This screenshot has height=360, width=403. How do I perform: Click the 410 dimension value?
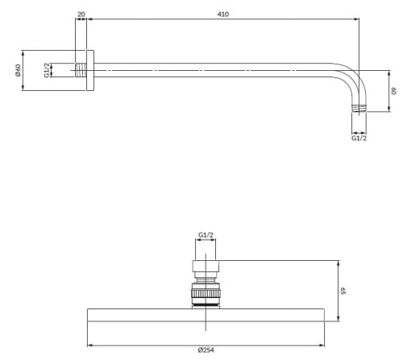tap(223, 14)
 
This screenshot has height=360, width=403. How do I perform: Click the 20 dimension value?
tap(81, 14)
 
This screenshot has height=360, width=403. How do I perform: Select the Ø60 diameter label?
tap(18, 70)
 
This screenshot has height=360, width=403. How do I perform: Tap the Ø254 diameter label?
tap(206, 350)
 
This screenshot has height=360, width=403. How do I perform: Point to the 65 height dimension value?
tap(343, 291)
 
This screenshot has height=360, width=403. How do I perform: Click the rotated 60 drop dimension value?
tap(393, 91)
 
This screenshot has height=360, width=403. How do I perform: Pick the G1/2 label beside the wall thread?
tap(47, 70)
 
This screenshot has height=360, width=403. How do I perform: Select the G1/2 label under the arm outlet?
tap(359, 138)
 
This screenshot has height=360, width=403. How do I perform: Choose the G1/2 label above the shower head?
tap(206, 235)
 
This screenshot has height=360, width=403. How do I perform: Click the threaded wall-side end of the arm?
tap(81, 70)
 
